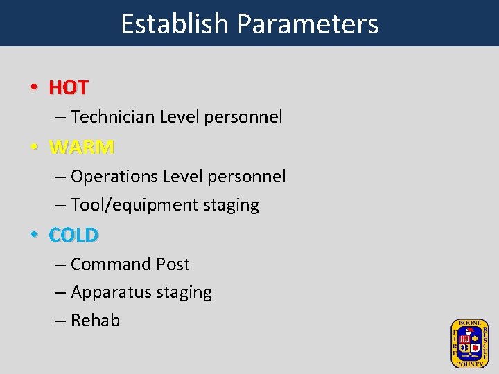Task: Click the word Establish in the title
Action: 175,24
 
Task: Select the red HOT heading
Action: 69,88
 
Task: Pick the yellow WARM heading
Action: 82,148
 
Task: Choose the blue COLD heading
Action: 74,235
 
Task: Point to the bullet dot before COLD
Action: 33,236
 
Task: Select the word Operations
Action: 114,177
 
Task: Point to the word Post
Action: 173,264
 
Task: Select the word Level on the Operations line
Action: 182,177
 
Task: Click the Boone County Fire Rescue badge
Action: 469,344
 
